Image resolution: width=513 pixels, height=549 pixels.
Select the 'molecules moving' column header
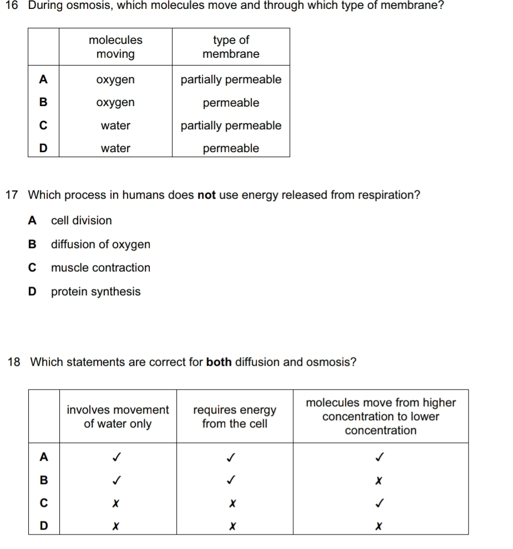[115, 47]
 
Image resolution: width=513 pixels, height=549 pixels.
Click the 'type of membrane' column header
[231, 47]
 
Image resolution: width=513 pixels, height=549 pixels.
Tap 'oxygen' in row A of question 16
[115, 80]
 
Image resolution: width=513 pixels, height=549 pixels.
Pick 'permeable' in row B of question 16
[231, 103]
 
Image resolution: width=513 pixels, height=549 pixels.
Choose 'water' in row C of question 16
[115, 125]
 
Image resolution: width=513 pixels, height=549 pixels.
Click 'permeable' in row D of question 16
[231, 148]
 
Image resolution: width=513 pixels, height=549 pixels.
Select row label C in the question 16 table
[43, 125]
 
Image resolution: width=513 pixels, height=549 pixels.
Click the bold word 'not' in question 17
[206, 195]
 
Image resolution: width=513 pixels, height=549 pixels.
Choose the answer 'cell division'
[81, 220]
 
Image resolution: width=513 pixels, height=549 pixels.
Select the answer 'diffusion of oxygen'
[100, 245]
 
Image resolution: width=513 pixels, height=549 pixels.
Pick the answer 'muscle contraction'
[100, 268]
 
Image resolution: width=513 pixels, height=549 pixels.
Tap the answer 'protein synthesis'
[95, 291]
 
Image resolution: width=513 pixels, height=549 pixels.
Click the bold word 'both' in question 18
[219, 362]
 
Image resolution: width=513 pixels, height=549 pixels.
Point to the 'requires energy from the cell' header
[235, 417]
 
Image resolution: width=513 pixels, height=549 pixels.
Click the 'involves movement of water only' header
[118, 417]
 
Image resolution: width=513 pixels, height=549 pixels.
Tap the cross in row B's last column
[380, 479]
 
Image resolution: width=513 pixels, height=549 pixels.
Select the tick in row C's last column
[380, 502]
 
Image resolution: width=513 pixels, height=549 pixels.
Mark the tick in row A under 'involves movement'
[117, 457]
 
